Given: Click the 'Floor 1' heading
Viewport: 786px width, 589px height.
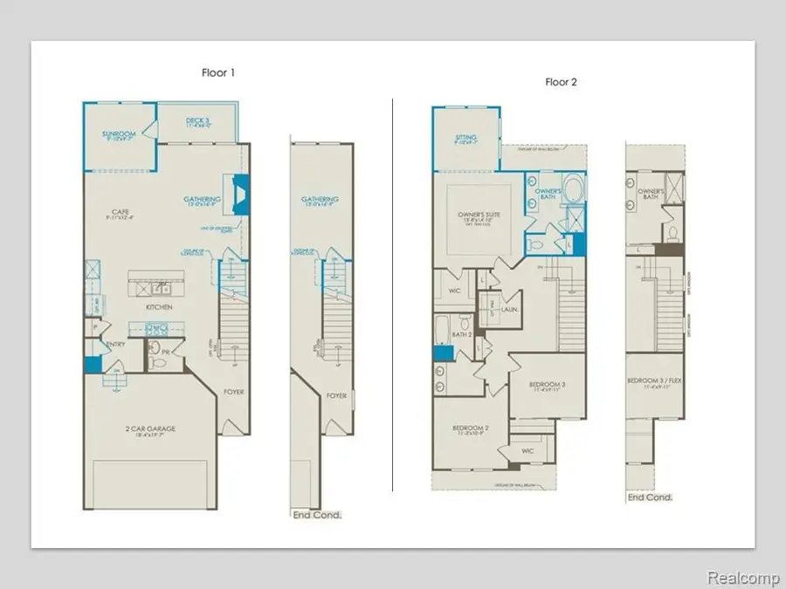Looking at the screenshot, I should (217, 73).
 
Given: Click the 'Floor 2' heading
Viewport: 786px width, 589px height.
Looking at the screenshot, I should (561, 82).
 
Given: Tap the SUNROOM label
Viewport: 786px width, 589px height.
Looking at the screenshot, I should (117, 134).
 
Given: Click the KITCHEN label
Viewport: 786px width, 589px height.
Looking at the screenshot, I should (158, 307).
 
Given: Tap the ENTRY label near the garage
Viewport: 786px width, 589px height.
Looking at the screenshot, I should (116, 344).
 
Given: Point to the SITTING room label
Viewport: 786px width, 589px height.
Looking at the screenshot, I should (465, 138).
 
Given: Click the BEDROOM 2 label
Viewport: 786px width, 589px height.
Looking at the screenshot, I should (469, 428).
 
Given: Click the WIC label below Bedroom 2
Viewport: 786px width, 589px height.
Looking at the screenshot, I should (527, 450).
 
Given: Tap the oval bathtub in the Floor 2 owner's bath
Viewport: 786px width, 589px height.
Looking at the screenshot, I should (574, 188).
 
